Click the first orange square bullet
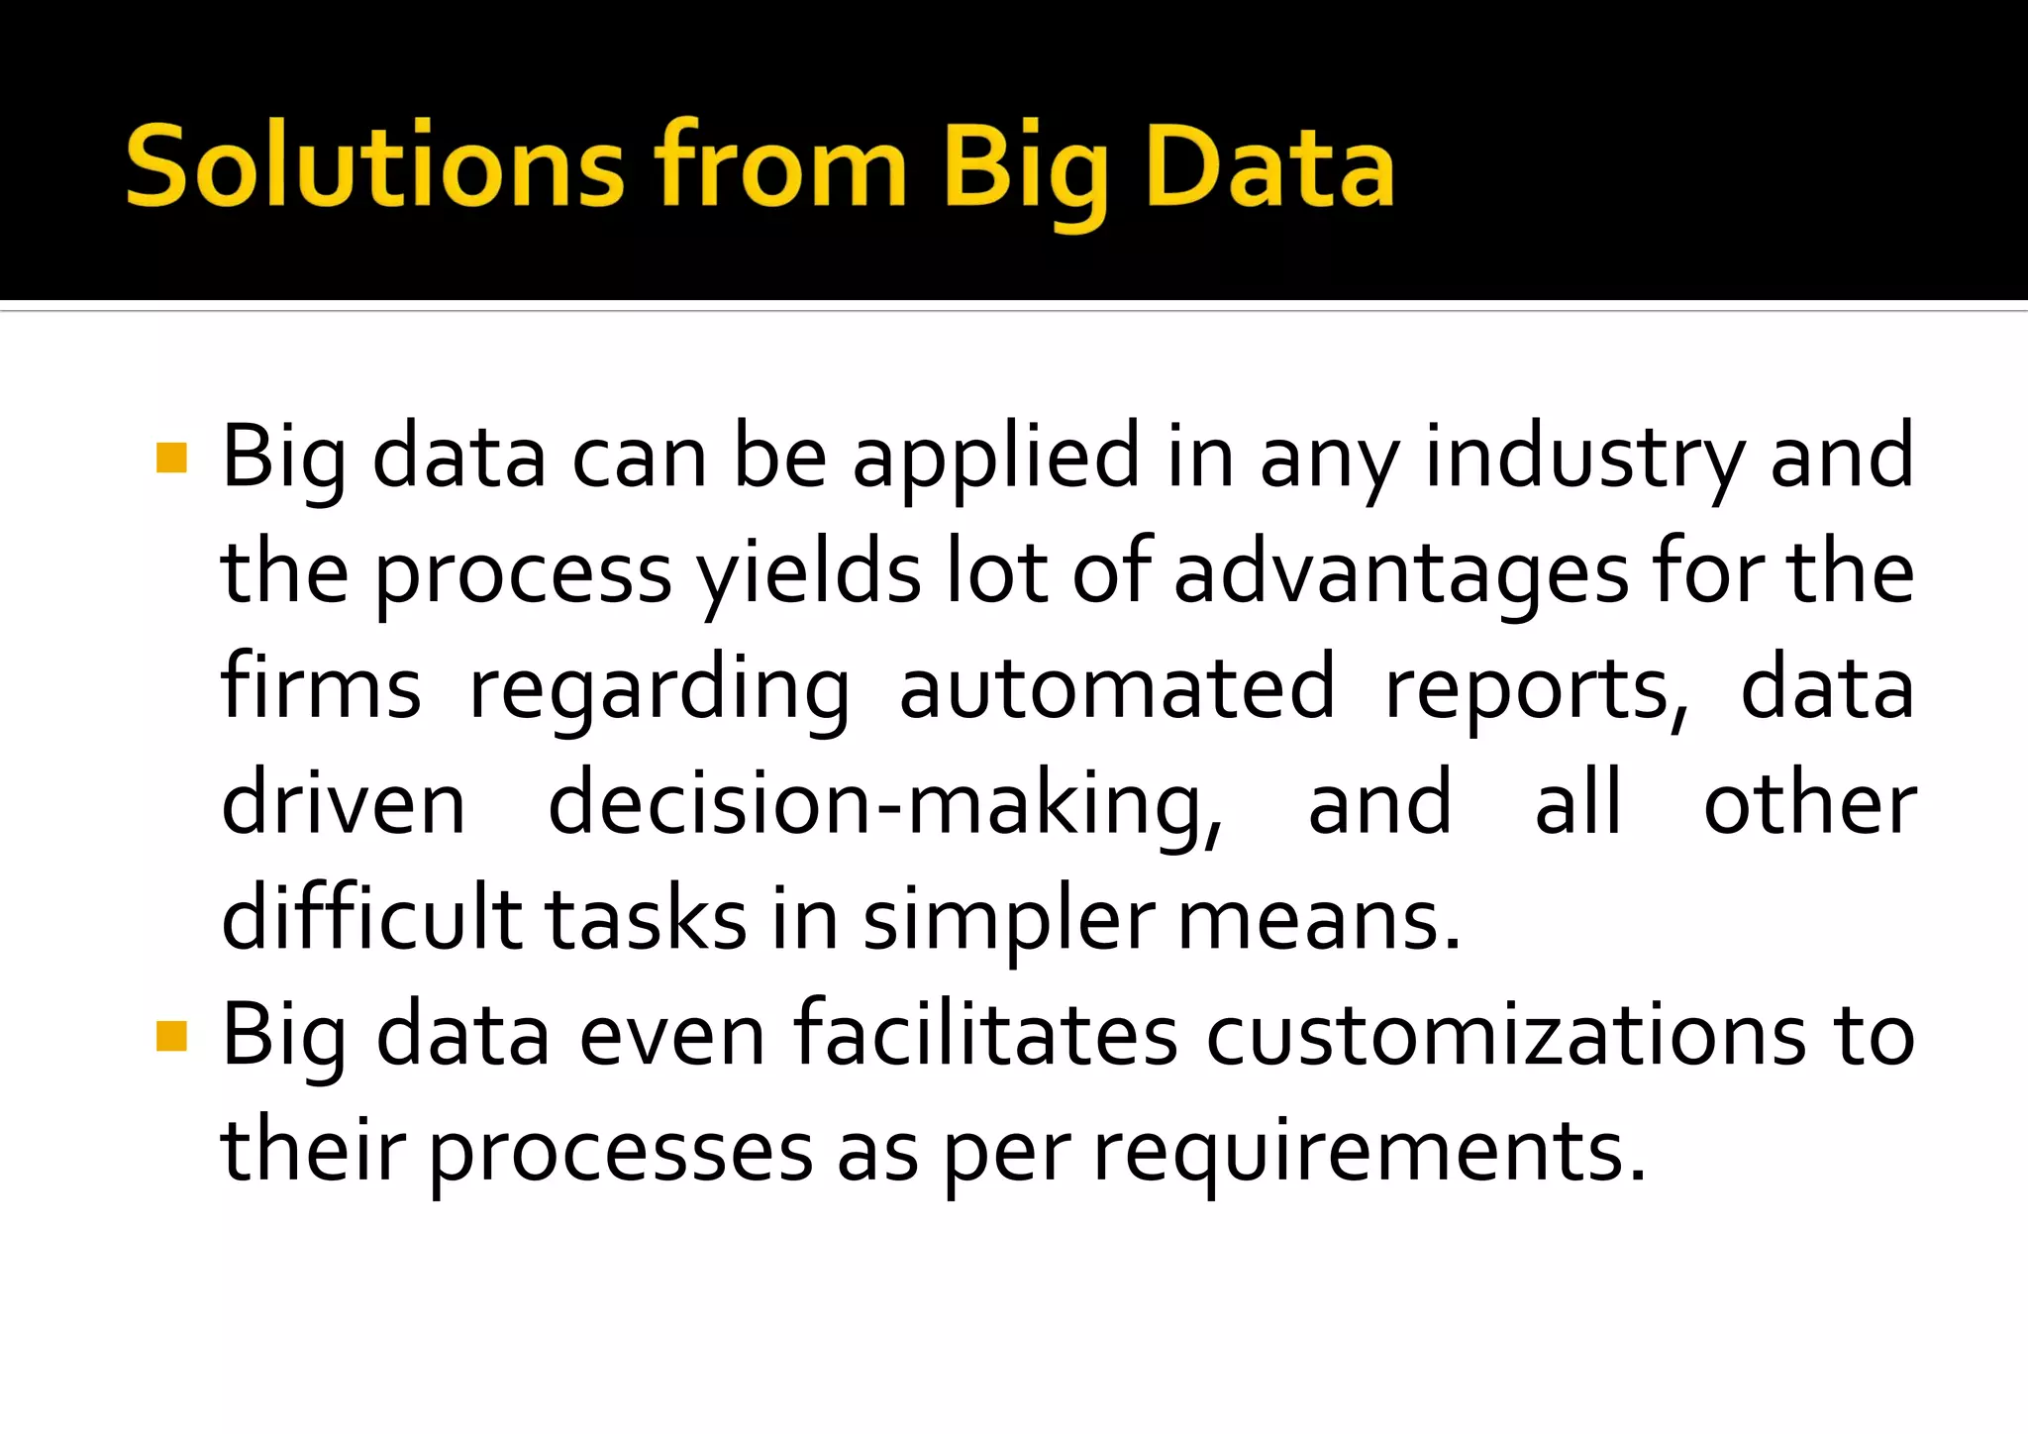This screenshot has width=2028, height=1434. coord(171,458)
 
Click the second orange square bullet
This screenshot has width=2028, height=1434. coord(171,1036)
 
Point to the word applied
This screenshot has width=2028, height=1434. coord(995,458)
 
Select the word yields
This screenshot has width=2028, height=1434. coord(808,572)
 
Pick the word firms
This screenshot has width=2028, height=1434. coord(321,687)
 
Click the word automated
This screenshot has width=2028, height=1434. coord(1116,687)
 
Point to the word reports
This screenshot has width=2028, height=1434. coord(1536,689)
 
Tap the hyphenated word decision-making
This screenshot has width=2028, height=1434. coord(885,804)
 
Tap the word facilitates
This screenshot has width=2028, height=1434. coord(985,1036)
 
